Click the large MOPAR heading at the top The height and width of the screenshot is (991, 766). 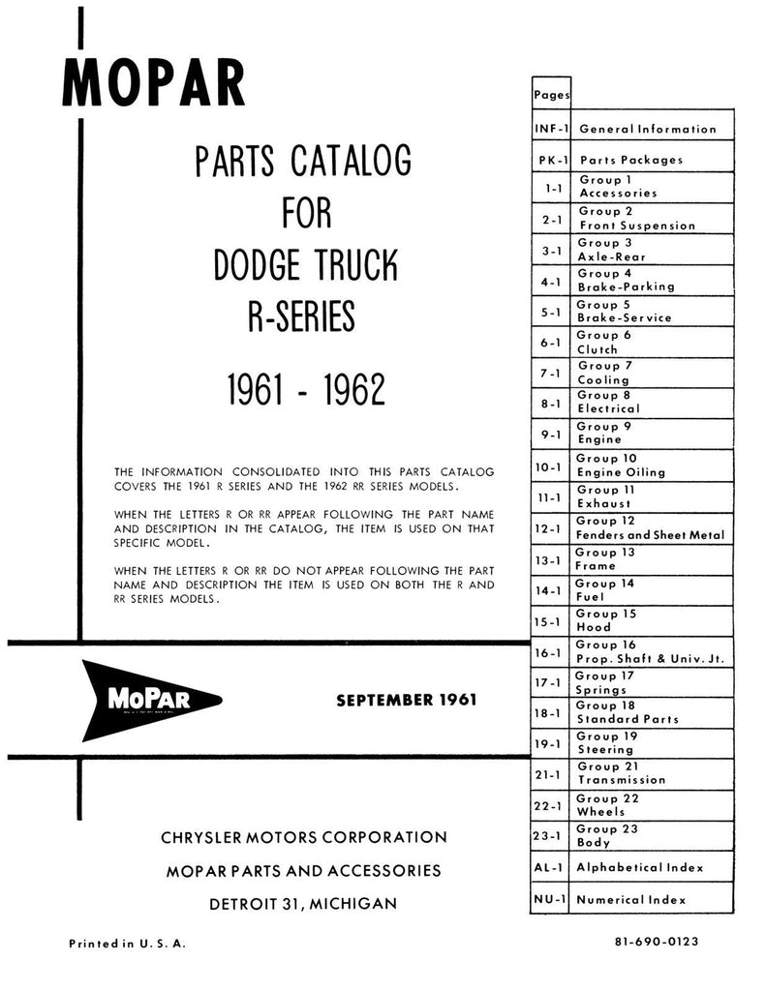coord(154,83)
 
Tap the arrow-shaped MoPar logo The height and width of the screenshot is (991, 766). coord(151,700)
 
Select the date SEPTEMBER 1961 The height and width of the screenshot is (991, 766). coord(406,700)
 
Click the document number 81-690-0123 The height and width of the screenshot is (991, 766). coord(656,942)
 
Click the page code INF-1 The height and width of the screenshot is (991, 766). coord(551,128)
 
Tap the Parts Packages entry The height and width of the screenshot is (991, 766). coord(630,160)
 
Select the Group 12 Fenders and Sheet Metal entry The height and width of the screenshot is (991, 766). coord(649,527)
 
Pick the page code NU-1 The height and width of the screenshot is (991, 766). coord(549,900)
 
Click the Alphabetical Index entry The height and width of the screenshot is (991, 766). coord(640,868)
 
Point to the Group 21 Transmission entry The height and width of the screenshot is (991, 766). coord(621,772)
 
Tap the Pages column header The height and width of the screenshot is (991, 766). coord(551,95)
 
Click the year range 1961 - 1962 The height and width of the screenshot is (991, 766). coord(306,389)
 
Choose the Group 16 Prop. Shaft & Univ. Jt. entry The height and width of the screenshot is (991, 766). coord(650,651)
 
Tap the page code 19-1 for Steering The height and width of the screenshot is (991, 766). coord(549,744)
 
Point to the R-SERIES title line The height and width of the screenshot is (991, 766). coord(302,316)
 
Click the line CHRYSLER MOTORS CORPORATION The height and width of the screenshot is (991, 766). coord(306,836)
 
